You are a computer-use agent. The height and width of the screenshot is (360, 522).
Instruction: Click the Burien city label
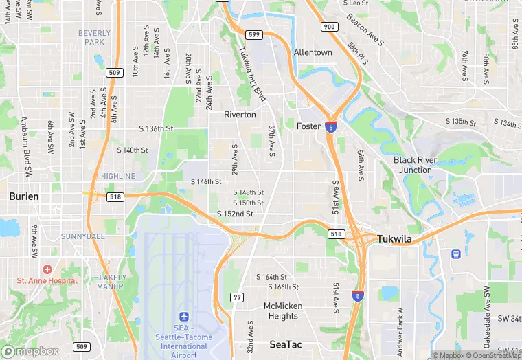24,196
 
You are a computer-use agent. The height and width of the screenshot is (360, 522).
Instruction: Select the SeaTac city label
283,344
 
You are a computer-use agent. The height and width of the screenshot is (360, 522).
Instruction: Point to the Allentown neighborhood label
313,52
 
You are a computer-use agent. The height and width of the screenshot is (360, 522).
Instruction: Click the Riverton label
240,115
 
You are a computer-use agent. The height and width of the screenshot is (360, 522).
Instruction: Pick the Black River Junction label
415,165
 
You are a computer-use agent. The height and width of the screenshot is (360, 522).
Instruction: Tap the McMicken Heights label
282,311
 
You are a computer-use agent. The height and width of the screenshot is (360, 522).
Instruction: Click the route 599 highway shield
253,34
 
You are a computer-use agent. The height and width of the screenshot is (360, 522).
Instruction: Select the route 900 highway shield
330,26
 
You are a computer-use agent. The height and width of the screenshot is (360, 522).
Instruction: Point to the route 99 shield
237,297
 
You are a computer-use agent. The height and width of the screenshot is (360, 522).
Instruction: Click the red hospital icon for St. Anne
47,269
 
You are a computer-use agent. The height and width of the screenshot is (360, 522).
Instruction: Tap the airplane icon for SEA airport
183,316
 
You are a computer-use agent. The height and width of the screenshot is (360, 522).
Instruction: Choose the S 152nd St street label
235,214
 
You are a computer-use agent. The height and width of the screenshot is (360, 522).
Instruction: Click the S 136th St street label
156,128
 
